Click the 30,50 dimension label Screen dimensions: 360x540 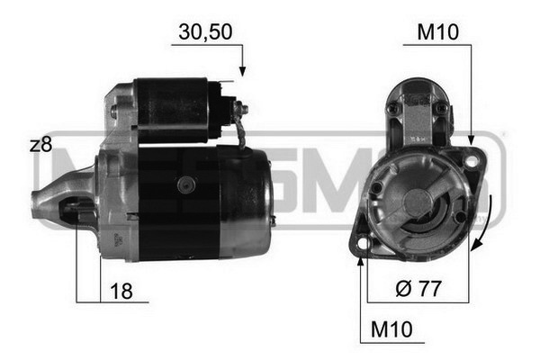pyautogui.click(x=206, y=32)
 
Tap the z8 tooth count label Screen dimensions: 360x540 pyautogui.click(x=40, y=145)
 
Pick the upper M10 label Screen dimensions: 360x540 pyautogui.click(x=438, y=32)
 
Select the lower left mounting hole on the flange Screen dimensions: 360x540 pyautogui.click(x=362, y=243)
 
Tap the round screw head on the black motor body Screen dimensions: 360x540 pyautogui.click(x=186, y=184)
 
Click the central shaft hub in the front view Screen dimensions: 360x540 pyautogui.click(x=417, y=202)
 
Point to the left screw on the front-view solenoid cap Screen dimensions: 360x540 pyautogui.click(x=392, y=108)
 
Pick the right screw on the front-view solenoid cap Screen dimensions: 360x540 pyautogui.click(x=442, y=108)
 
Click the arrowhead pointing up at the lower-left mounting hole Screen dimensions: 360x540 pyautogui.click(x=362, y=261)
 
